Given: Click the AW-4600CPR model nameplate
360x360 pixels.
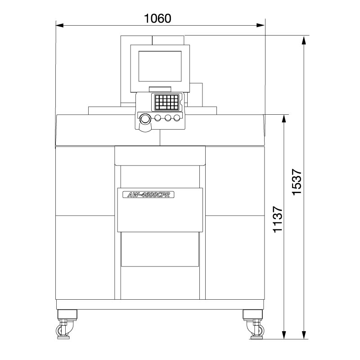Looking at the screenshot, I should click(148, 194).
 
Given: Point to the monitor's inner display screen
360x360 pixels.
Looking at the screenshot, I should click(159, 66).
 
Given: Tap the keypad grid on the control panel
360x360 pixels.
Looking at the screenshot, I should click(166, 103).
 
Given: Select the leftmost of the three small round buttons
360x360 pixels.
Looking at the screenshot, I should click(158, 118).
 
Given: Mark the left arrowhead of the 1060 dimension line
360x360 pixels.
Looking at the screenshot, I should click(58, 25).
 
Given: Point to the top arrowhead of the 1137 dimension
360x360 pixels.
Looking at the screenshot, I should click(284, 118).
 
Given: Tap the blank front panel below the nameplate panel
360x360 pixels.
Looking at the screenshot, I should click(160, 249).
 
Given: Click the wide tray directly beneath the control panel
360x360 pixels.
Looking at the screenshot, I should click(160, 155).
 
